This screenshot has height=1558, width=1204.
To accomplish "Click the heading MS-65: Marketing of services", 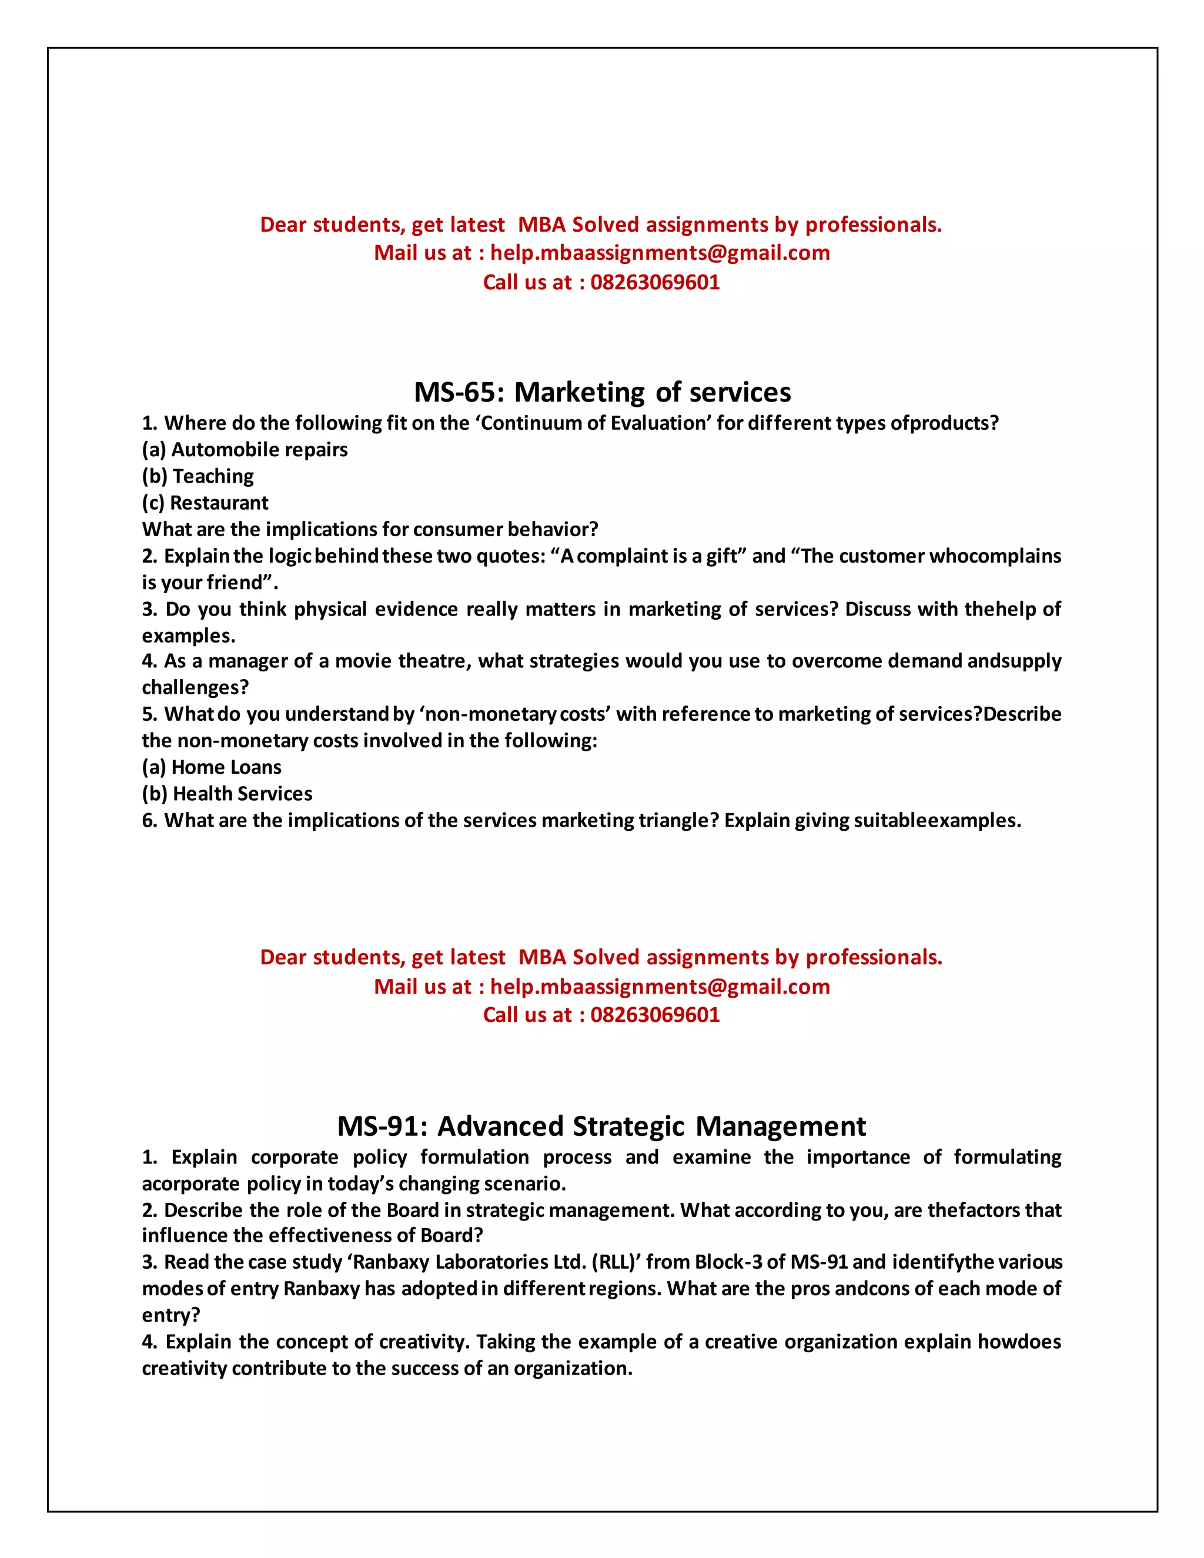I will (602, 392).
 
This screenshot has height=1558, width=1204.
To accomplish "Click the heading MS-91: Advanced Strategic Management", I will (601, 1126).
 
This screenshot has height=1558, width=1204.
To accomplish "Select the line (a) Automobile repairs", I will (245, 449).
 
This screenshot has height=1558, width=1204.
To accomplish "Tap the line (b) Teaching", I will (198, 476).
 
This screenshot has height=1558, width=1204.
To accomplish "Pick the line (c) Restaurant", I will (205, 503).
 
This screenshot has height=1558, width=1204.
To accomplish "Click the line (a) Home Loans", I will (211, 767).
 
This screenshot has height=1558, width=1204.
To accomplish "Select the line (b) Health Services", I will (227, 793).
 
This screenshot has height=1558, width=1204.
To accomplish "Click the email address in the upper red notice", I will (660, 253).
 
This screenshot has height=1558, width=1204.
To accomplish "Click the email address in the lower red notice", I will (660, 987).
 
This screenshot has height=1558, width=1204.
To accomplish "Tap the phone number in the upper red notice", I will (655, 282).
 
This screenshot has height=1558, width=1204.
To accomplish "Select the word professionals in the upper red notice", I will (873, 225).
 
